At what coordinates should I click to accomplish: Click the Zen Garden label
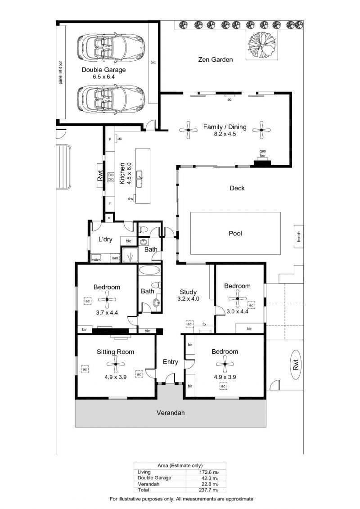(215, 59)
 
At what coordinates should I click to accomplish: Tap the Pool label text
(235, 233)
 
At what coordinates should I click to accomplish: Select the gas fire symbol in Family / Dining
(262, 162)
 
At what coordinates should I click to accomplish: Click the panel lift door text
(60, 73)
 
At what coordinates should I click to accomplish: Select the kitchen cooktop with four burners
(111, 177)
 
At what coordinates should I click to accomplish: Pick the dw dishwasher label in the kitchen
(130, 198)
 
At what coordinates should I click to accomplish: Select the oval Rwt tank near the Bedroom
(295, 365)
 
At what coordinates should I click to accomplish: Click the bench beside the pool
(299, 236)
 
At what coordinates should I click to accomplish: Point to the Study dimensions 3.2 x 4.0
(188, 299)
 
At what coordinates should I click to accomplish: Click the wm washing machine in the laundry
(115, 258)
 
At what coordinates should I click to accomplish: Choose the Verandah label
(171, 413)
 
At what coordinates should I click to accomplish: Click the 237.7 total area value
(207, 490)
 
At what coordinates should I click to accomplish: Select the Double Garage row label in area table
(154, 478)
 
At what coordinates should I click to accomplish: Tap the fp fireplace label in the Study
(204, 324)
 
